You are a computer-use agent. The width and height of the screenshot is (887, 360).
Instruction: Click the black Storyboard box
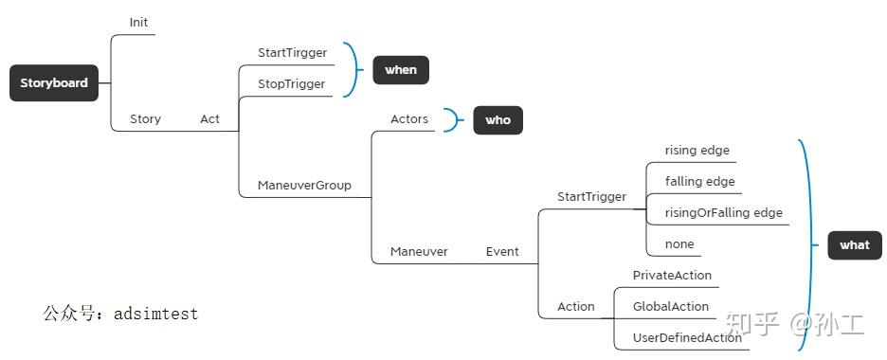tap(54, 83)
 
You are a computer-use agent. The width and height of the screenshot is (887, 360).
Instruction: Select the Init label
tap(138, 23)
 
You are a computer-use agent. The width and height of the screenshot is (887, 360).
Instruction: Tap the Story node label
tap(145, 119)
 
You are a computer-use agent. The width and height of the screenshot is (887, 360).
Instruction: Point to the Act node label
tap(209, 119)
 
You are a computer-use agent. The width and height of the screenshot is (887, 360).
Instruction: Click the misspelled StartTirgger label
tap(291, 52)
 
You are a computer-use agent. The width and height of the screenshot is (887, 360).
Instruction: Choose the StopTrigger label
tap(291, 84)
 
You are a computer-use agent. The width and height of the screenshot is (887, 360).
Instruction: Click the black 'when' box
tap(401, 70)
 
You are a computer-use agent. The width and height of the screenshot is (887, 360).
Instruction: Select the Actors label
tap(409, 119)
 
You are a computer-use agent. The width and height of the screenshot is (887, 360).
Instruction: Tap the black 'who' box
tap(498, 120)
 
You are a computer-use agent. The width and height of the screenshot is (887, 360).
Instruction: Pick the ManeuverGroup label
tap(304, 186)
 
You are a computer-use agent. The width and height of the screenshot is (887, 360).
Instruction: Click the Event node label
tap(502, 252)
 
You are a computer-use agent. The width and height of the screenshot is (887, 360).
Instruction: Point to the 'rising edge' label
tap(697, 150)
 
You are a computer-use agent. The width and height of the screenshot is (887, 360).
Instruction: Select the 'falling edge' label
tap(700, 181)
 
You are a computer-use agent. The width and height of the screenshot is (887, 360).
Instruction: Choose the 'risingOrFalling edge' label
tap(724, 212)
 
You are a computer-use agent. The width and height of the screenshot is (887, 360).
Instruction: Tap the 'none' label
tap(679, 244)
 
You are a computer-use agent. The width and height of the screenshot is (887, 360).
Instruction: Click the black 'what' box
tap(854, 245)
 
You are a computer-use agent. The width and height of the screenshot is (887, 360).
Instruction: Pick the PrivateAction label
tap(672, 276)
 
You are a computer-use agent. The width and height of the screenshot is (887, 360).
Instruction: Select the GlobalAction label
tap(671, 307)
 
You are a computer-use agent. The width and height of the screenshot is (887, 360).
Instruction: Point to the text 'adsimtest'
tap(155, 313)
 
